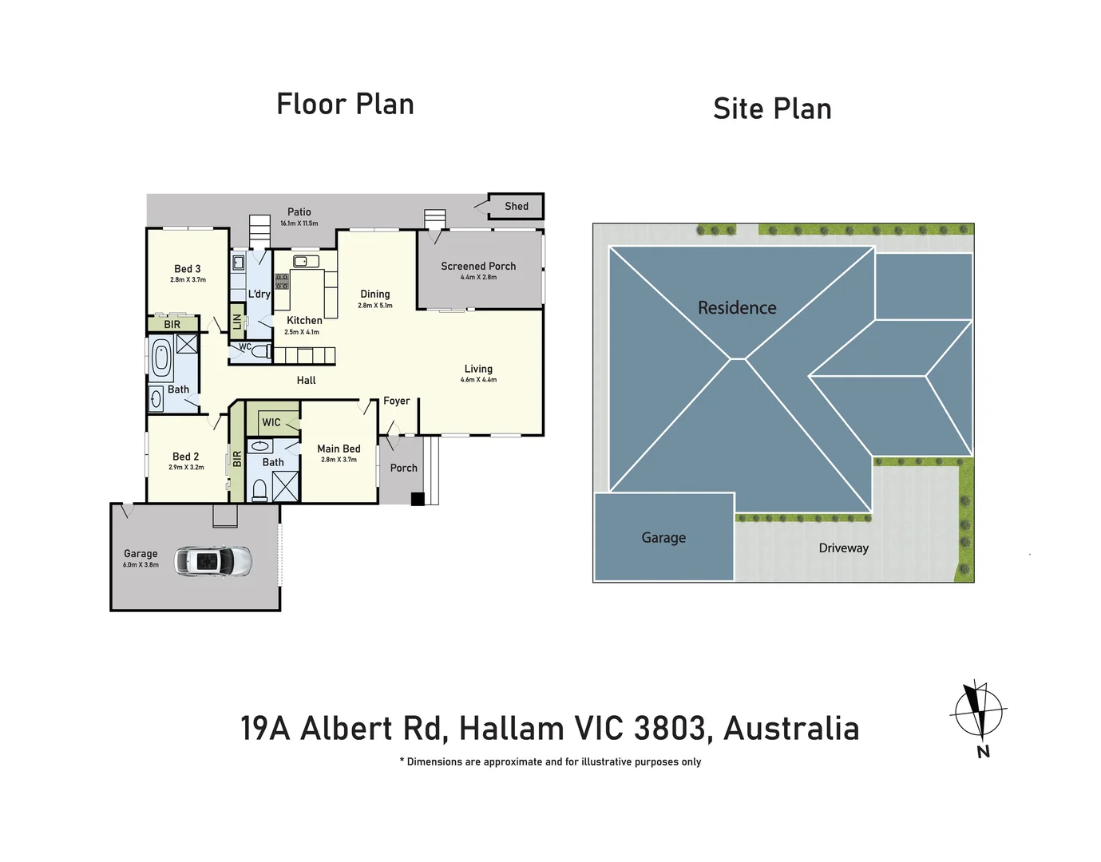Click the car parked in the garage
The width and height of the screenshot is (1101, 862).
pos(213,562)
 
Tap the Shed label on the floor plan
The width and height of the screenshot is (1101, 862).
pos(517,206)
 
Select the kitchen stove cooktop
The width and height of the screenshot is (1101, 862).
pos(282,281)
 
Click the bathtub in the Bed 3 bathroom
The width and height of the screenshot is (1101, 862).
pos(162,358)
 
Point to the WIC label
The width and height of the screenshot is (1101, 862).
pos(271,422)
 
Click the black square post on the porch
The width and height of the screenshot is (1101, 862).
pos(418,500)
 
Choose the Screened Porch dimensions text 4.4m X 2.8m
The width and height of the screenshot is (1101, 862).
pos(478,278)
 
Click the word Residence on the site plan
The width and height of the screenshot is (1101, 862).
pos(737,308)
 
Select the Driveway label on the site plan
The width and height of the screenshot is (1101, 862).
pos(843,548)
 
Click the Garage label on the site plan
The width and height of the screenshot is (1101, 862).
pos(663,538)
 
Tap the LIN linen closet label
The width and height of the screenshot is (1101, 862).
pos(237,322)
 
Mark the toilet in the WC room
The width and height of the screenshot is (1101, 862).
pos(260,351)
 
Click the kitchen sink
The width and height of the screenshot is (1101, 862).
pos(305,261)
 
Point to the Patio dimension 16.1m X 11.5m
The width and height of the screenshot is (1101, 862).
pos(299,223)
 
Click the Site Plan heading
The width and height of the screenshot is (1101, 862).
pos(772,109)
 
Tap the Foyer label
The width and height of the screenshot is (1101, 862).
pos(397,401)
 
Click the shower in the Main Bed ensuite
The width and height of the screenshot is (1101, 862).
pos(285,487)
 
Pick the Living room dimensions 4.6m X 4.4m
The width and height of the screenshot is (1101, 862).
pos(478,380)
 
